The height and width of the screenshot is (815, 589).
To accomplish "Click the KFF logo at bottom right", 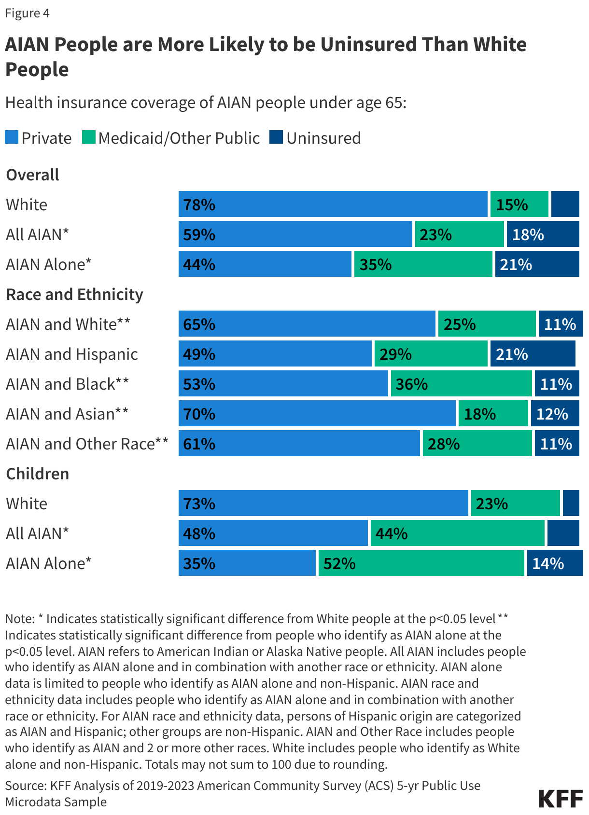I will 561,799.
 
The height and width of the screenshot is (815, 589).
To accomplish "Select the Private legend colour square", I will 12,137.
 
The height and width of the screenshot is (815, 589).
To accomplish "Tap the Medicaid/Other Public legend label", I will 179,138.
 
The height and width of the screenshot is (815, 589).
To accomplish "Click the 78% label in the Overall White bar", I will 199,205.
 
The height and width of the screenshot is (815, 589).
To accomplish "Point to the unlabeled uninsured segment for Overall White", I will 565,204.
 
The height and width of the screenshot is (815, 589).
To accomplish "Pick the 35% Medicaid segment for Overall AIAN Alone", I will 423,264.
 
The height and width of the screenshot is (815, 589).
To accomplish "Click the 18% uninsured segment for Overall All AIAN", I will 543,234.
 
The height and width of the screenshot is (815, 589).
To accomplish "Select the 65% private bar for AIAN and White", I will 307,324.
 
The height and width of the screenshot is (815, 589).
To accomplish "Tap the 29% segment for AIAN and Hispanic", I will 431,354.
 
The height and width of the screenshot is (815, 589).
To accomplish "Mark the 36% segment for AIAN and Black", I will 461,384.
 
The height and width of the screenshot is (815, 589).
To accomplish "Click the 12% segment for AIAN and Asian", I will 555,414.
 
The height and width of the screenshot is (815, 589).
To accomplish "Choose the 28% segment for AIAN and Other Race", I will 477,444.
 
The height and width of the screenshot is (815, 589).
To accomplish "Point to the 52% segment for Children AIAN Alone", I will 421,563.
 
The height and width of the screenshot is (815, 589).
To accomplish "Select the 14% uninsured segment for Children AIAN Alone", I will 555,563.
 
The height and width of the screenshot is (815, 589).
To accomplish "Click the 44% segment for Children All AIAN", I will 457,533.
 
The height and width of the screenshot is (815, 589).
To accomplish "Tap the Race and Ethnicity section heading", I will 74,294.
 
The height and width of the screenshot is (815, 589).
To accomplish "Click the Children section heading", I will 37,474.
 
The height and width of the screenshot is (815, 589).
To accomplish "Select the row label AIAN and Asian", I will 67,414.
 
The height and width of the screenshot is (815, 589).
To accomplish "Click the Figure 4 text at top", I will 27,13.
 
